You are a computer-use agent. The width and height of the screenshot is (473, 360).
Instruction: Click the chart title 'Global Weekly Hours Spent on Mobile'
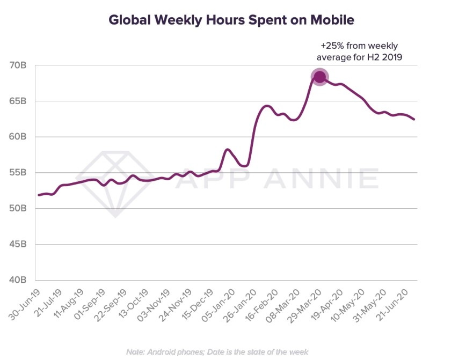coord(231,20)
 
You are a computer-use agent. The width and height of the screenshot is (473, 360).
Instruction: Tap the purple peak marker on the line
coord(319,77)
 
